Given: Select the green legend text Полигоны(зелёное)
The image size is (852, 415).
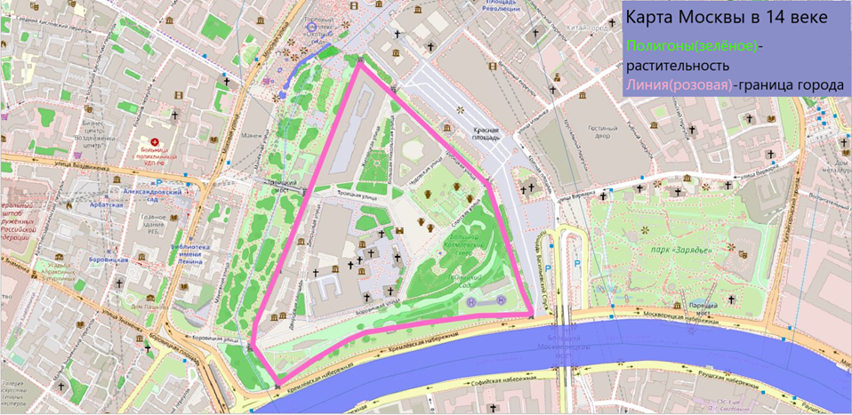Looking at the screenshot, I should (691, 45).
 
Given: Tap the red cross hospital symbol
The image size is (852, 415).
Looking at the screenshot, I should (156, 142).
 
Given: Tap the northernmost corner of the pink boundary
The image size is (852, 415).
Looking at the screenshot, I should (359, 62).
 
